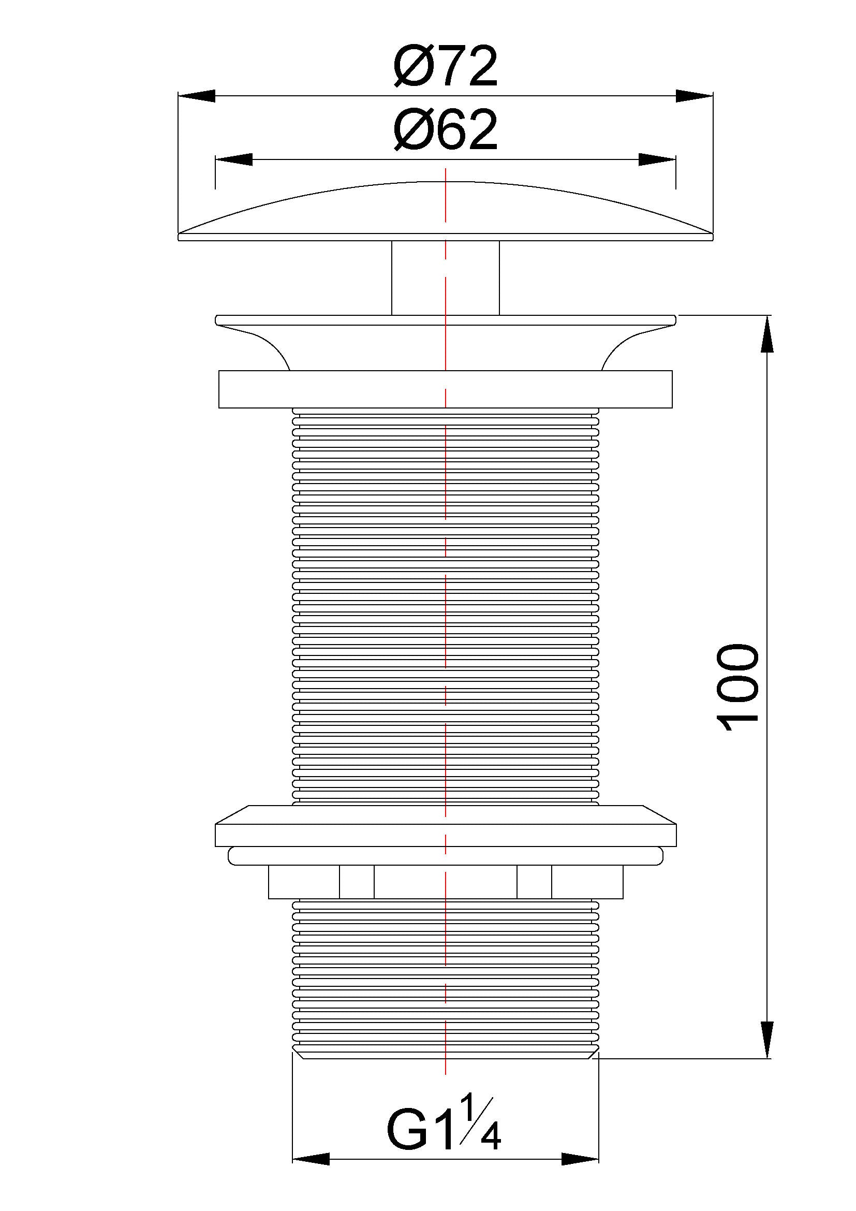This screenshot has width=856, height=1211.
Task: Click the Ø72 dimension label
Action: (x=446, y=68)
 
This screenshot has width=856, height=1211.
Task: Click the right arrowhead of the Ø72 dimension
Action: (x=694, y=96)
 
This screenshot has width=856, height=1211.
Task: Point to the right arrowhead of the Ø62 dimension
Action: (x=657, y=160)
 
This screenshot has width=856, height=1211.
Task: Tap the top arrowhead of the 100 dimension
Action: (x=766, y=334)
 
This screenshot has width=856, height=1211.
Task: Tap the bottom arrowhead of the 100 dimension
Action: (x=766, y=1039)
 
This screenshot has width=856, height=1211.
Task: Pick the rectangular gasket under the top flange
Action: (x=446, y=390)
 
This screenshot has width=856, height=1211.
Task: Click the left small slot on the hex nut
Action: (x=357, y=882)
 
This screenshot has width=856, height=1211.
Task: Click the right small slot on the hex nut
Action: (x=534, y=882)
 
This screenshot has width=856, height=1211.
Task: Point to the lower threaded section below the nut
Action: (x=446, y=976)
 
